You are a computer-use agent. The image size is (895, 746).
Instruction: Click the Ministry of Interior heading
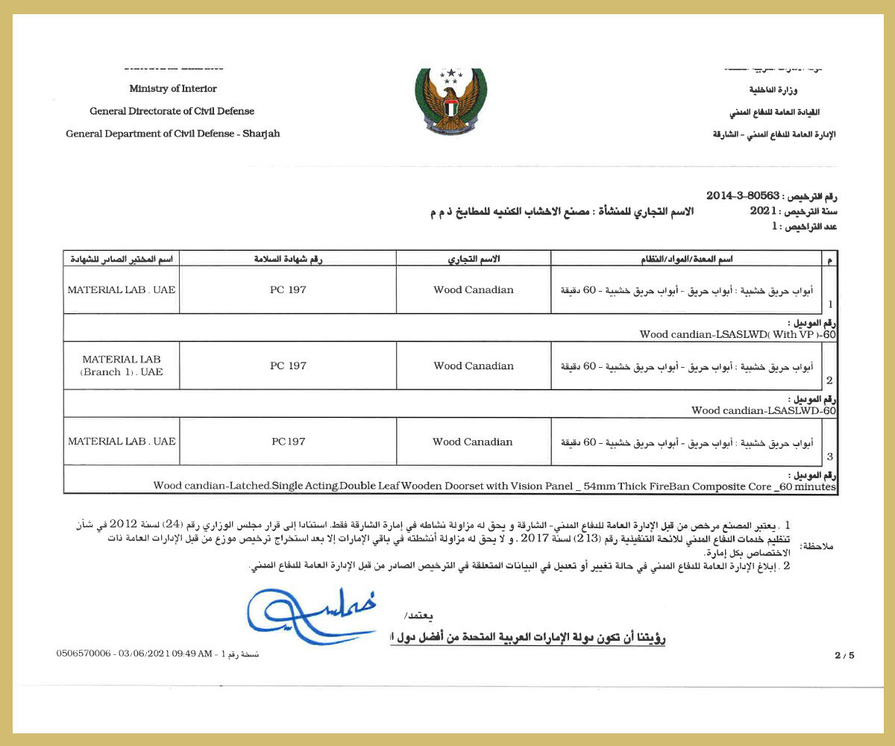[173, 89]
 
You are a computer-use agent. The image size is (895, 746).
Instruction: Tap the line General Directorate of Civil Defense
[172, 111]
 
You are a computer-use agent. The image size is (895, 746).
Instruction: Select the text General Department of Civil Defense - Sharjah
[173, 134]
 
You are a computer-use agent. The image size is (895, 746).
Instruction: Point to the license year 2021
[764, 211]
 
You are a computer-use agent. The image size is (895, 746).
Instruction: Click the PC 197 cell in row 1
[288, 289]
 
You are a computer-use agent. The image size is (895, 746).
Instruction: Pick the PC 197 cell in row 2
[288, 366]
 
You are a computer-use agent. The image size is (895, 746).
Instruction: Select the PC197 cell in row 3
[288, 442]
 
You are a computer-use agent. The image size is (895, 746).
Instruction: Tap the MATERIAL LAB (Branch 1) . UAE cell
[122, 366]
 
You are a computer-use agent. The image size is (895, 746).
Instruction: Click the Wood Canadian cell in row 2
[474, 366]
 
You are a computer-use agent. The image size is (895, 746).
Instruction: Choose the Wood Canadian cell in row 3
[473, 442]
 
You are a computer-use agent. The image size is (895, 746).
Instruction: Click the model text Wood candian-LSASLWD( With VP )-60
[738, 334]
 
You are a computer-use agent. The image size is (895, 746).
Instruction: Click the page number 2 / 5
[844, 656]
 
